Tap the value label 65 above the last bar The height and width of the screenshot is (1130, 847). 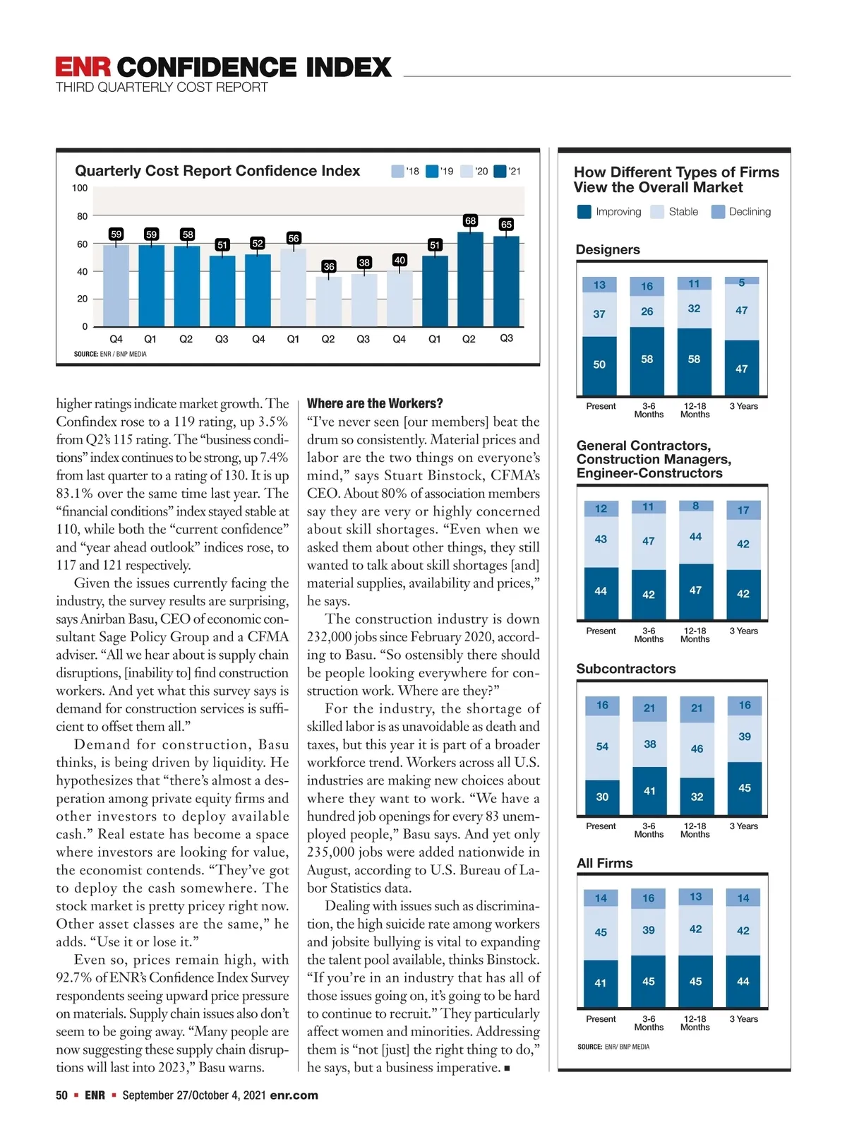[506, 225]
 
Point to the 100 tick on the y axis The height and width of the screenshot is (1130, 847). [80, 188]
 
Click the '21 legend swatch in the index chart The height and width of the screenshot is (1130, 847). [500, 172]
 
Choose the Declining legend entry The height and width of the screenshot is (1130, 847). [741, 212]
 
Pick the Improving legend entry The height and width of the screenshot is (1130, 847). [610, 212]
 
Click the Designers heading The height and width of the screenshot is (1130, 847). [608, 250]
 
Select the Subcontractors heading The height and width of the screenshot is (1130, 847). [626, 669]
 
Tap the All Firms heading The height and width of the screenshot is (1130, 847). [605, 863]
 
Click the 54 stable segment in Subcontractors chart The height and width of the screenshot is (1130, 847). [602, 747]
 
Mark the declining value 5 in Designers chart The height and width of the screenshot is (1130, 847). [742, 282]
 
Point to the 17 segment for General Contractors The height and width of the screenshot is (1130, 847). [743, 510]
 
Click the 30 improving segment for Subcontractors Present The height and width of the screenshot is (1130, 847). [602, 797]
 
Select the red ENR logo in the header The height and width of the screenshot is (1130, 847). [83, 67]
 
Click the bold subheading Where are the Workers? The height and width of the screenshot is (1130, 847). [375, 403]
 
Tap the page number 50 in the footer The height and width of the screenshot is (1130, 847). [62, 1095]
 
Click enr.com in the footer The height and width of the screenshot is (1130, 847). [294, 1095]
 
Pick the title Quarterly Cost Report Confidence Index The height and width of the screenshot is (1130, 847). [217, 171]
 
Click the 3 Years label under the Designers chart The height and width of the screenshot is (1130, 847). [744, 406]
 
